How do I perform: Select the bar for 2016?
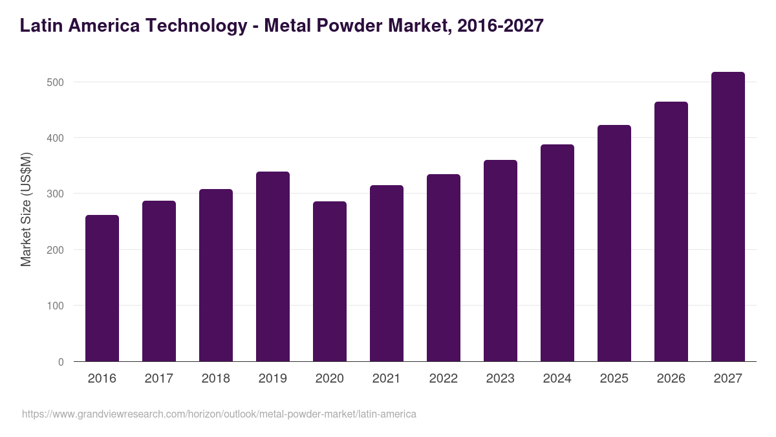tap(102, 288)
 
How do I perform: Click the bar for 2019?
tap(273, 267)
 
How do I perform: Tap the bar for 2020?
tap(330, 282)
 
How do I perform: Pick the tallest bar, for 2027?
tap(728, 217)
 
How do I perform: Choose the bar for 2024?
tap(557, 253)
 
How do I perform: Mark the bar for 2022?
tap(444, 268)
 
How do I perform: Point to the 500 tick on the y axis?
tap(56, 82)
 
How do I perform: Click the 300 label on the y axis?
tap(56, 194)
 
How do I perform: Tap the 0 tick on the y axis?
tap(61, 362)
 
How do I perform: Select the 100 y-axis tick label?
tap(56, 306)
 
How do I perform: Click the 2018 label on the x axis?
tap(216, 379)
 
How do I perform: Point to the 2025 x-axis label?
tap(614, 379)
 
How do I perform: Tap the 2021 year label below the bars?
tap(387, 379)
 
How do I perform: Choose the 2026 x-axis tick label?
tap(671, 379)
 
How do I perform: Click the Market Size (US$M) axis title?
tap(27, 208)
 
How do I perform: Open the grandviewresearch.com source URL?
tap(219, 414)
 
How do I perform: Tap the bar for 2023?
tap(501, 261)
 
